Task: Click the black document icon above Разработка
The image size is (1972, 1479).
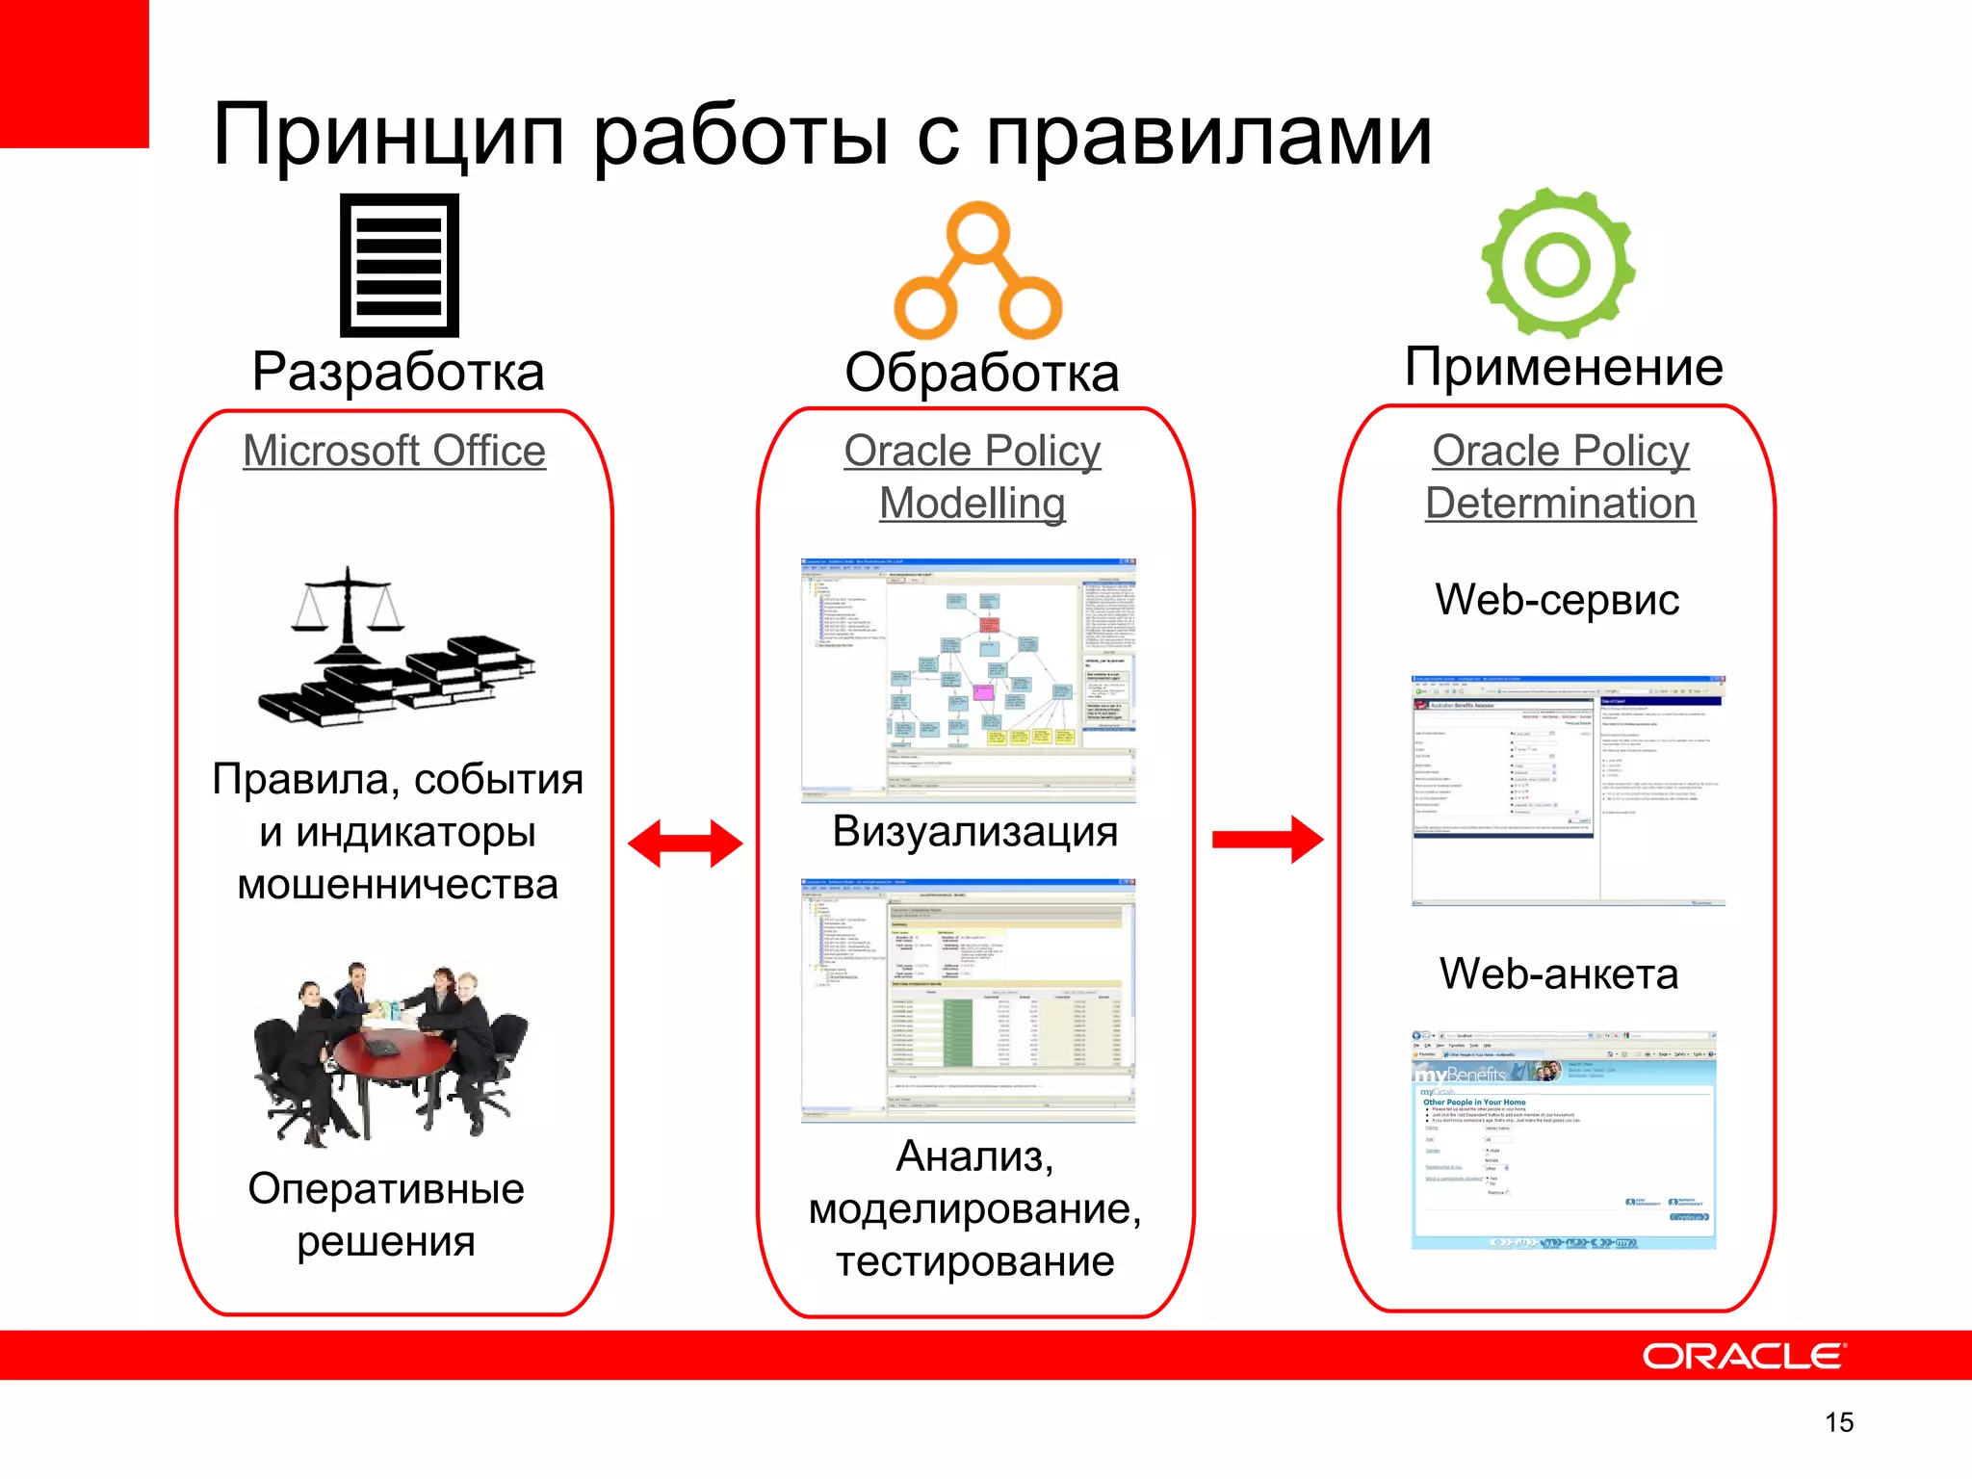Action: [x=399, y=265]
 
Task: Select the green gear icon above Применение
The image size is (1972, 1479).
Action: [x=1557, y=262]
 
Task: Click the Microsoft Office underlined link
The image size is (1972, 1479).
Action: [x=394, y=451]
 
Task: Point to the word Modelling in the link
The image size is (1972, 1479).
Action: [x=972, y=504]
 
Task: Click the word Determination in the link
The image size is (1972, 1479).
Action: [x=1560, y=504]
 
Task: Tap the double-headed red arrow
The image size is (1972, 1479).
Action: [x=685, y=843]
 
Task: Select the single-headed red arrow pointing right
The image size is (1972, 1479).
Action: [x=1267, y=840]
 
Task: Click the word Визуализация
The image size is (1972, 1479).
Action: [x=974, y=832]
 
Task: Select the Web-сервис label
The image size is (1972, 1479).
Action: [x=1556, y=600]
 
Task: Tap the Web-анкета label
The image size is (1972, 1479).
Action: [x=1558, y=974]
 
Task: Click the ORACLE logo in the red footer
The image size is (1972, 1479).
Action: [x=1743, y=1356]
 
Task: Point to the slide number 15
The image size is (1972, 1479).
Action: [x=1838, y=1422]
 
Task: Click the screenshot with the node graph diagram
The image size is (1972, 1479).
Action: [x=969, y=679]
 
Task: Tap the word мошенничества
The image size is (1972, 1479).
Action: [x=398, y=885]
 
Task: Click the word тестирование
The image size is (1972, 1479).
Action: [x=974, y=1261]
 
